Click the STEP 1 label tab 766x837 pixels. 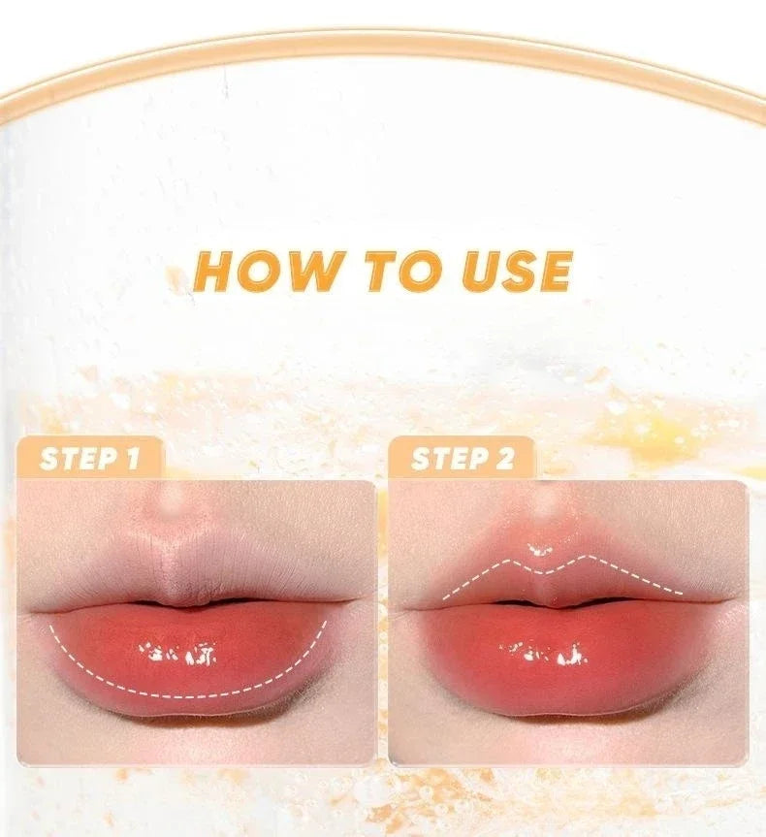coord(89,458)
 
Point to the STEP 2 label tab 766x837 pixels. coord(463,458)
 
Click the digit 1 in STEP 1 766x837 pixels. coord(133,458)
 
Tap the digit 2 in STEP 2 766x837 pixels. coord(504,458)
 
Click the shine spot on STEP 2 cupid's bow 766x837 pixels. coord(539,552)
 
